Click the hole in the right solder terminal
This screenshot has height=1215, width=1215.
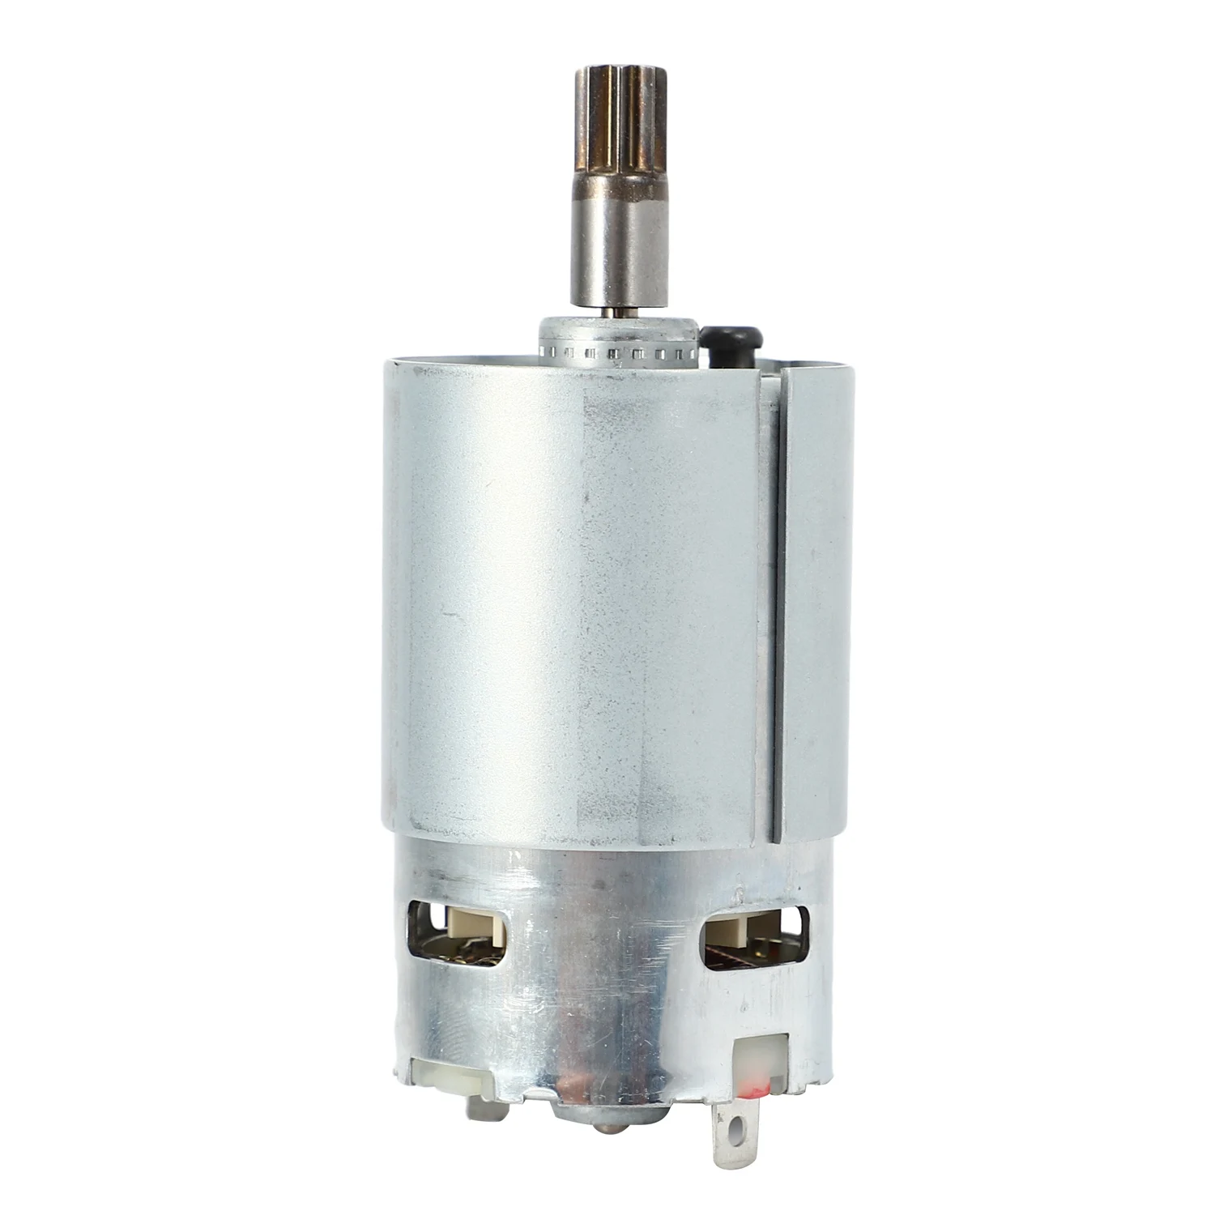tap(736, 1123)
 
